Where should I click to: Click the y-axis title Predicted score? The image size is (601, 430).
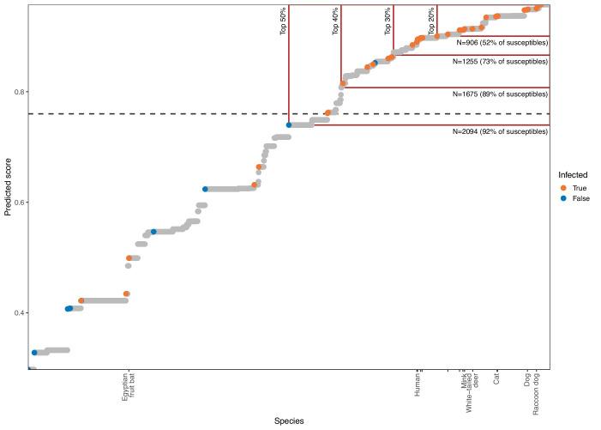(9, 185)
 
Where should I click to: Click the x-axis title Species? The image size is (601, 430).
(288, 421)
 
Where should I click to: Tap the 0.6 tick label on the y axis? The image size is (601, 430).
(17, 203)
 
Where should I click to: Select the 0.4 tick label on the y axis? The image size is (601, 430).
(17, 313)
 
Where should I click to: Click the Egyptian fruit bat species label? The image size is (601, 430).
(127, 387)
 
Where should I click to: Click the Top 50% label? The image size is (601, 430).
(282, 21)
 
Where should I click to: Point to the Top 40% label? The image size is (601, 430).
(335, 21)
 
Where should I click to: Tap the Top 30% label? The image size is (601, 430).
(388, 21)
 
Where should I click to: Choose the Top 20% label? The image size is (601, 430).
(430, 21)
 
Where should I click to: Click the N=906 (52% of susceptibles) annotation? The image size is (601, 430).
(502, 42)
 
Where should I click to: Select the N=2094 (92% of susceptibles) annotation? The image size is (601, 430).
(499, 131)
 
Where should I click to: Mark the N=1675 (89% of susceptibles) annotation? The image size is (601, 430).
(499, 94)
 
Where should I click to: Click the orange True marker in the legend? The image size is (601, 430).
(563, 188)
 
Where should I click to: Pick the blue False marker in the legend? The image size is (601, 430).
(563, 198)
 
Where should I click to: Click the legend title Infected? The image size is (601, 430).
(573, 175)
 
